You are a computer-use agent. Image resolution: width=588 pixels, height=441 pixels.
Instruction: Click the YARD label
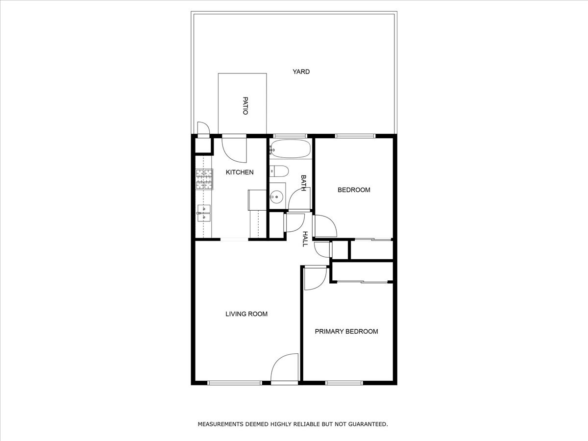[301, 72]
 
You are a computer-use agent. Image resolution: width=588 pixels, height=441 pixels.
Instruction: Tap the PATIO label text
[245, 105]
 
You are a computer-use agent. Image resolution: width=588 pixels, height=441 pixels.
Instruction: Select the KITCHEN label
[239, 172]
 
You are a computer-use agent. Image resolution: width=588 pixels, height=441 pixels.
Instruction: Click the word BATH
[303, 183]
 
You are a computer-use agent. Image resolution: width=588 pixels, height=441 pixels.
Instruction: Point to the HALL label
[305, 239]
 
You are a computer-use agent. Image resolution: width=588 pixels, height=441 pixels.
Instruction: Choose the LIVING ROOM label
[246, 314]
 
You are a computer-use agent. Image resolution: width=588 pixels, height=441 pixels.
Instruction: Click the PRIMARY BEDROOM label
[346, 331]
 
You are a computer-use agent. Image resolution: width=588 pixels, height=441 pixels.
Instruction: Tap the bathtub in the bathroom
[291, 148]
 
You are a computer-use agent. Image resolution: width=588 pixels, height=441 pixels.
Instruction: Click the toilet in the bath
[279, 171]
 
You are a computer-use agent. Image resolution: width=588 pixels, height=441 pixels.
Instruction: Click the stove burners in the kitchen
[204, 179]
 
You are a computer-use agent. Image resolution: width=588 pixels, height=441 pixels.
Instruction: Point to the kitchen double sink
[203, 212]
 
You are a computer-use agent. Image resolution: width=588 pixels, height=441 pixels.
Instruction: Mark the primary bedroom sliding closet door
[363, 281]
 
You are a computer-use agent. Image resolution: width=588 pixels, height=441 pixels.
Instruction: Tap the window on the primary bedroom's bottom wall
[344, 383]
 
